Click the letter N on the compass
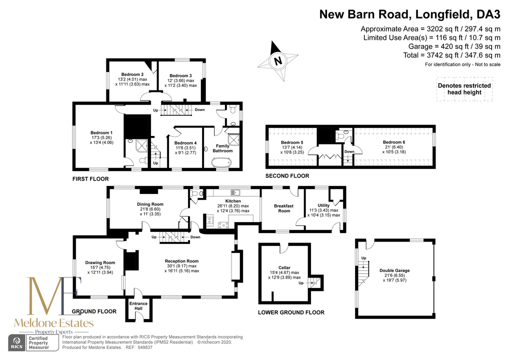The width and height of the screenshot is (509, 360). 278,60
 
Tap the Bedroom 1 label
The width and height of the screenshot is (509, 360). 101,133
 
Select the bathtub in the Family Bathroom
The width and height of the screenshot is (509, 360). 221,161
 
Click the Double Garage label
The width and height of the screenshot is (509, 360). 394,270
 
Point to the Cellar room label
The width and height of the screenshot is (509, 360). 284,268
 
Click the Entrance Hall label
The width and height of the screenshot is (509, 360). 138,306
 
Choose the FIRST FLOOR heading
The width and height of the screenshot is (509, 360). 90,179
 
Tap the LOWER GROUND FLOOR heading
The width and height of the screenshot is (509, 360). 291,312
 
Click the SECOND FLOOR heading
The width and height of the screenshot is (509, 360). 287,176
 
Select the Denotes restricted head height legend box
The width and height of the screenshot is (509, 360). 464,89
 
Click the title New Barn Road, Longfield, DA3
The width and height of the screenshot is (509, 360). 410,14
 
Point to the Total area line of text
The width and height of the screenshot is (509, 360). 452,55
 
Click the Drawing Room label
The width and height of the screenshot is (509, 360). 100,262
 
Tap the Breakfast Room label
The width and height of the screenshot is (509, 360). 284,208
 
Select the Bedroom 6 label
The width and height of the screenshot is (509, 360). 394,142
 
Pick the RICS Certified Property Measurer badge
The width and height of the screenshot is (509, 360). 34,343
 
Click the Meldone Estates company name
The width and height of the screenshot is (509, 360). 54,323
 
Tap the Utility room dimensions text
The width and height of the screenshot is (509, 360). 323,212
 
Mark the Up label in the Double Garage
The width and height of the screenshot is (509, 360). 364,258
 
